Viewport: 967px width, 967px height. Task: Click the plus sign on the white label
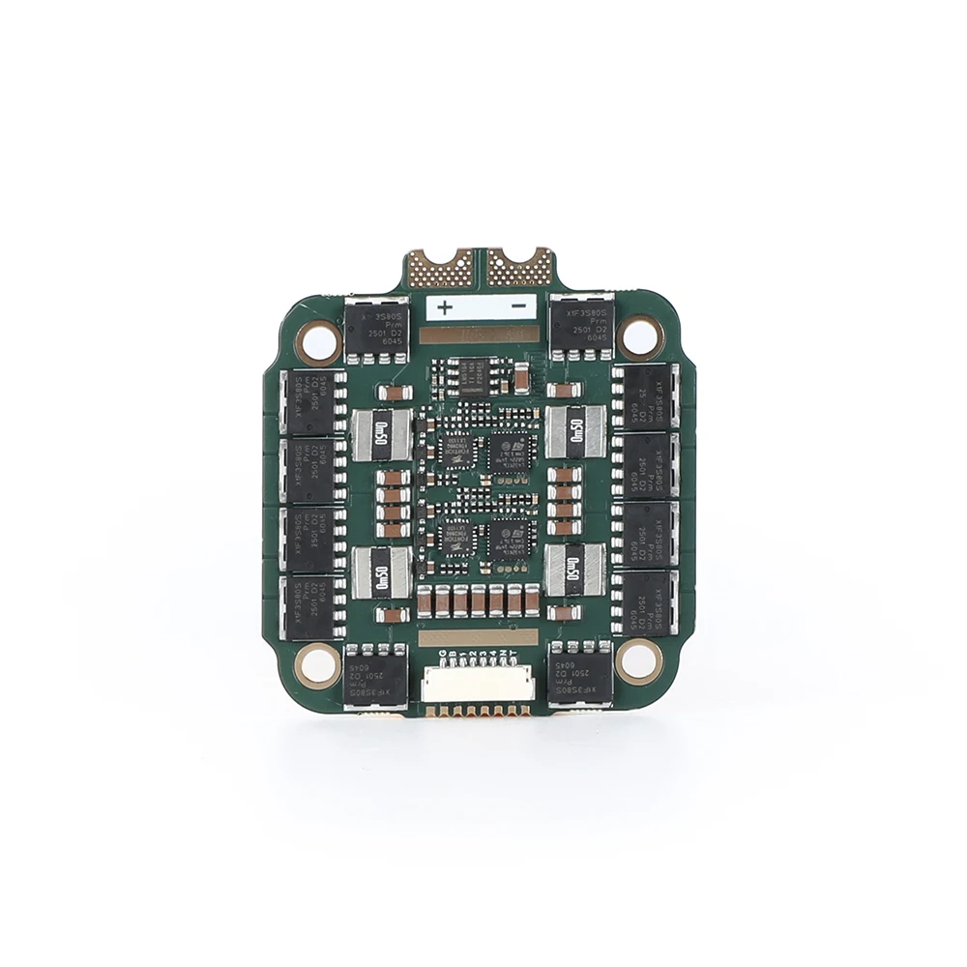445,308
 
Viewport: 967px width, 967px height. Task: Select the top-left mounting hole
317,339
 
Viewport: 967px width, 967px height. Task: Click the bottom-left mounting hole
313,662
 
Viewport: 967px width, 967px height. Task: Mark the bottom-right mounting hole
637,661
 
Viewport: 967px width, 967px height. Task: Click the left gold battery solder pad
441,267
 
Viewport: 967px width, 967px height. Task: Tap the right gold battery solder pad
518,267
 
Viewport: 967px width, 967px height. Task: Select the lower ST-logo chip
509,535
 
